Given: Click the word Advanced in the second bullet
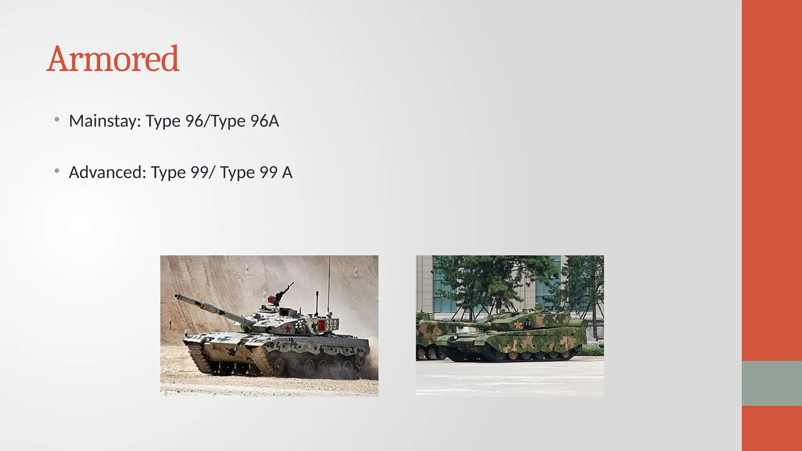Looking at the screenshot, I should (x=107, y=172).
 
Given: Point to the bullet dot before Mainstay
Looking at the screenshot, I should (x=57, y=119).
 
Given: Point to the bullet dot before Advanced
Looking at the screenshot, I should (x=57, y=170).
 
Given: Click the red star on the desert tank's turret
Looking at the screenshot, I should (x=288, y=328).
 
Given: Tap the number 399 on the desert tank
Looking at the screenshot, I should (x=331, y=325).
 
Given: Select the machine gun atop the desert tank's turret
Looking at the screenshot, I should (x=283, y=293).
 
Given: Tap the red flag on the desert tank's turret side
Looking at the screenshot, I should (x=322, y=325).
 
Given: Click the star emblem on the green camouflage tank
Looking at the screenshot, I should (x=518, y=325).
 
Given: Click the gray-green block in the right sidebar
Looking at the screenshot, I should (x=771, y=383).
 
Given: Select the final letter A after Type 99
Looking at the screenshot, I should (x=287, y=172).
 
